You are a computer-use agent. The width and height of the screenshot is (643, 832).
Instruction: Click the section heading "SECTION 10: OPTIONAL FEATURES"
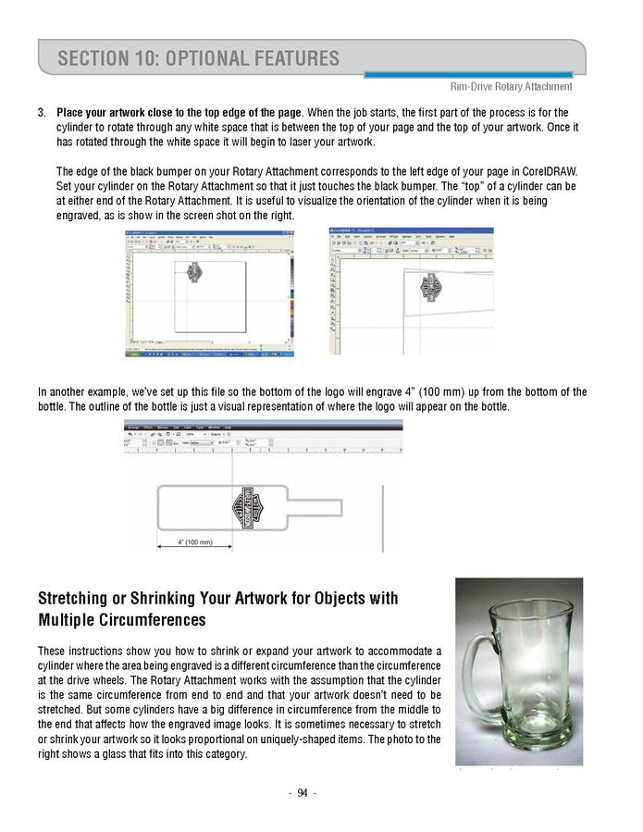point(198,59)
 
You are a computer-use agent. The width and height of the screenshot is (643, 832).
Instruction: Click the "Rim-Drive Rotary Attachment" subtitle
point(511,87)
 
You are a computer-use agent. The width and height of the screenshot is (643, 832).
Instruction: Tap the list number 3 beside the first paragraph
point(42,112)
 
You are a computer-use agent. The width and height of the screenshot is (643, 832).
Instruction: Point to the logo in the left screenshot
point(194,272)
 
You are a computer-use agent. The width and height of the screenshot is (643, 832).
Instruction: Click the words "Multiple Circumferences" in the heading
point(122,618)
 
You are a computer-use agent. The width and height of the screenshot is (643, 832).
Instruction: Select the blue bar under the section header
point(467,74)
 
